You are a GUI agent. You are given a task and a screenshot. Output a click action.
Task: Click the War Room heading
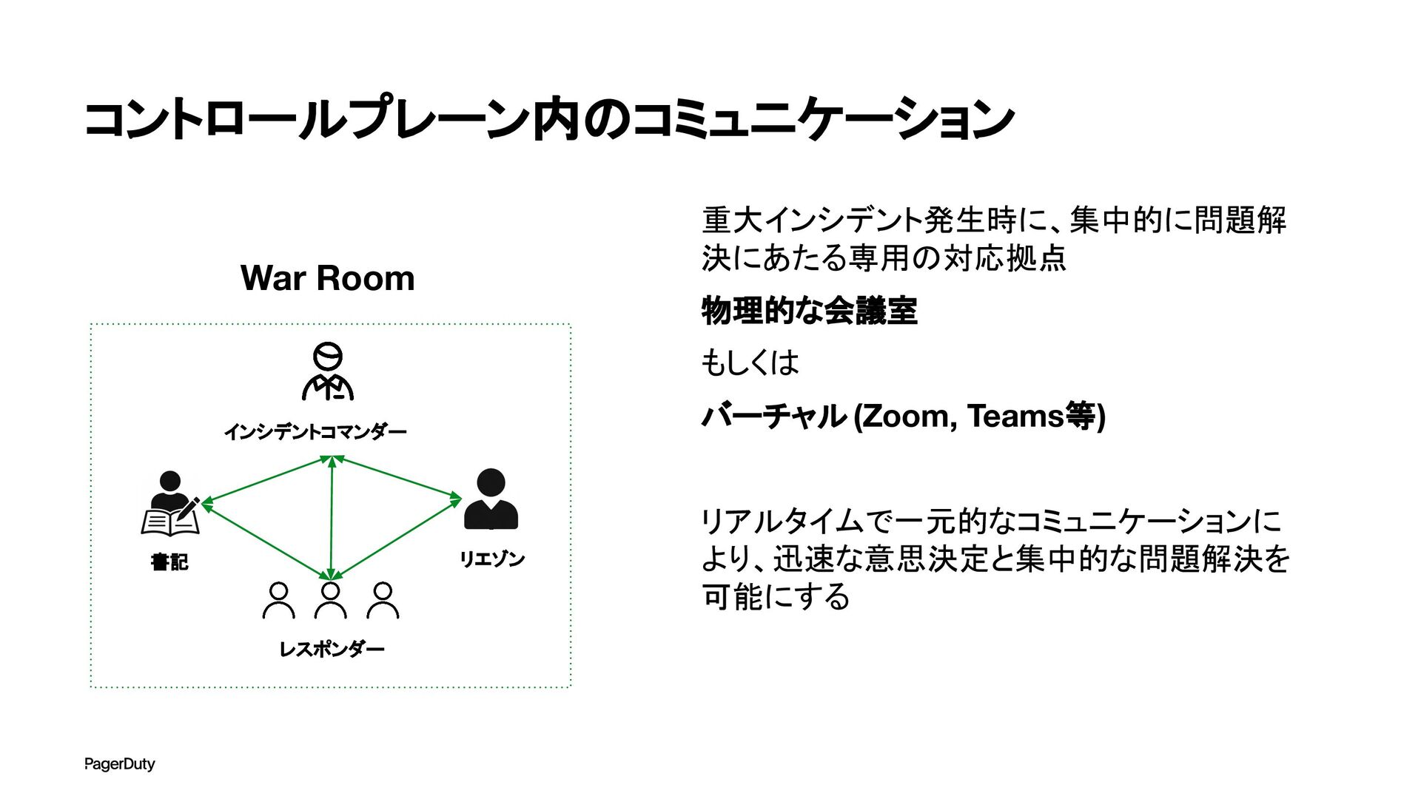(x=327, y=278)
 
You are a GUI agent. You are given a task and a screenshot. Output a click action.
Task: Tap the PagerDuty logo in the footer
(x=119, y=763)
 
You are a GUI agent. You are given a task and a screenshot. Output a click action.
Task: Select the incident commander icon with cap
(x=328, y=371)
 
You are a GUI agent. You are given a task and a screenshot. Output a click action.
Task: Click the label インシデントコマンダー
(x=315, y=431)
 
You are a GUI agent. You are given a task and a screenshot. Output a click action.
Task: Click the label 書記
(x=169, y=562)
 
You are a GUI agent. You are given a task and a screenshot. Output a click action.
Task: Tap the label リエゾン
(x=491, y=559)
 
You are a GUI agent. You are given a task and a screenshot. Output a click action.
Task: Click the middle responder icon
(x=330, y=600)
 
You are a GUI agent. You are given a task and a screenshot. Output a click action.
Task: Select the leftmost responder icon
(x=278, y=600)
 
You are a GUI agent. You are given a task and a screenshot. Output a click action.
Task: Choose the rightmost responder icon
(x=383, y=600)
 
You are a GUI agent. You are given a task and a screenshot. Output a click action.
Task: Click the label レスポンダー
(x=332, y=650)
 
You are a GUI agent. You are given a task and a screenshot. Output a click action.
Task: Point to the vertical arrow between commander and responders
(x=332, y=518)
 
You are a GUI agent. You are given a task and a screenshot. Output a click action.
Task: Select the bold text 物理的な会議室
(x=809, y=311)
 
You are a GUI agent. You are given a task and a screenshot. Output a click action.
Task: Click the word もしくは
(x=750, y=363)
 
